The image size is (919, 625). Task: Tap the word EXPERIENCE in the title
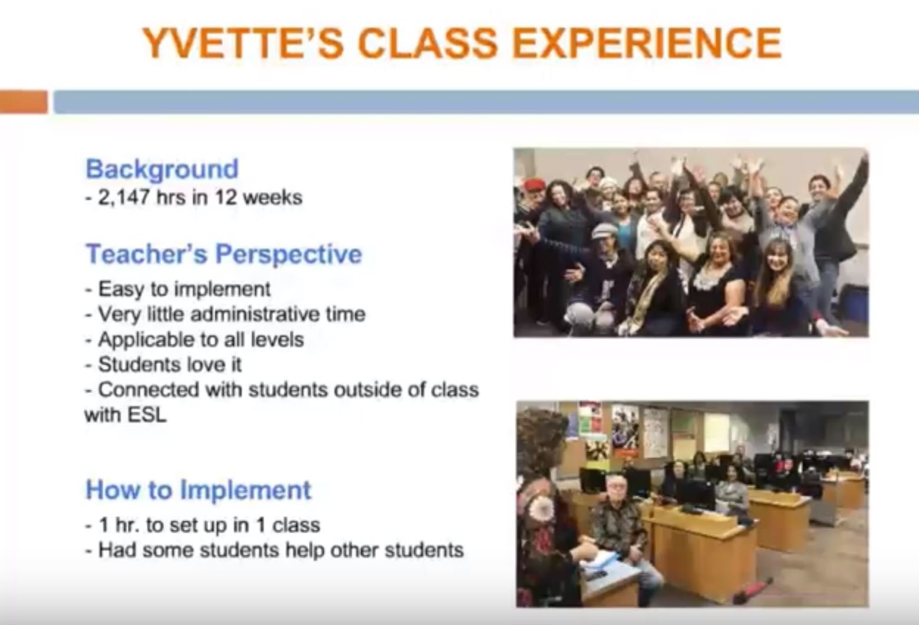(x=647, y=43)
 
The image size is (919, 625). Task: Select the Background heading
(x=162, y=169)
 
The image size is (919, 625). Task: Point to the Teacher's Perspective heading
(x=224, y=255)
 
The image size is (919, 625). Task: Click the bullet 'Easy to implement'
(x=178, y=290)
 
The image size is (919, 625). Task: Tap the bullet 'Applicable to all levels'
(x=195, y=340)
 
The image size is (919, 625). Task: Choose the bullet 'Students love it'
(x=164, y=364)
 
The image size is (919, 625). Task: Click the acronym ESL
(x=146, y=415)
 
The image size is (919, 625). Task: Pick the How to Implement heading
(x=199, y=490)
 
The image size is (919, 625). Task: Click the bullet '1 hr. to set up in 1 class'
(x=203, y=526)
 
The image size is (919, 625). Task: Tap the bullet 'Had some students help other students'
(x=275, y=550)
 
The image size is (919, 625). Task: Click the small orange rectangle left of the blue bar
(x=24, y=101)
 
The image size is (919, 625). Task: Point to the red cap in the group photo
(x=534, y=185)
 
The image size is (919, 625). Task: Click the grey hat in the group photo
(x=604, y=231)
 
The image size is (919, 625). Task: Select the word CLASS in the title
(x=428, y=43)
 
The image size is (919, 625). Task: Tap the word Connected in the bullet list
(x=149, y=389)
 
